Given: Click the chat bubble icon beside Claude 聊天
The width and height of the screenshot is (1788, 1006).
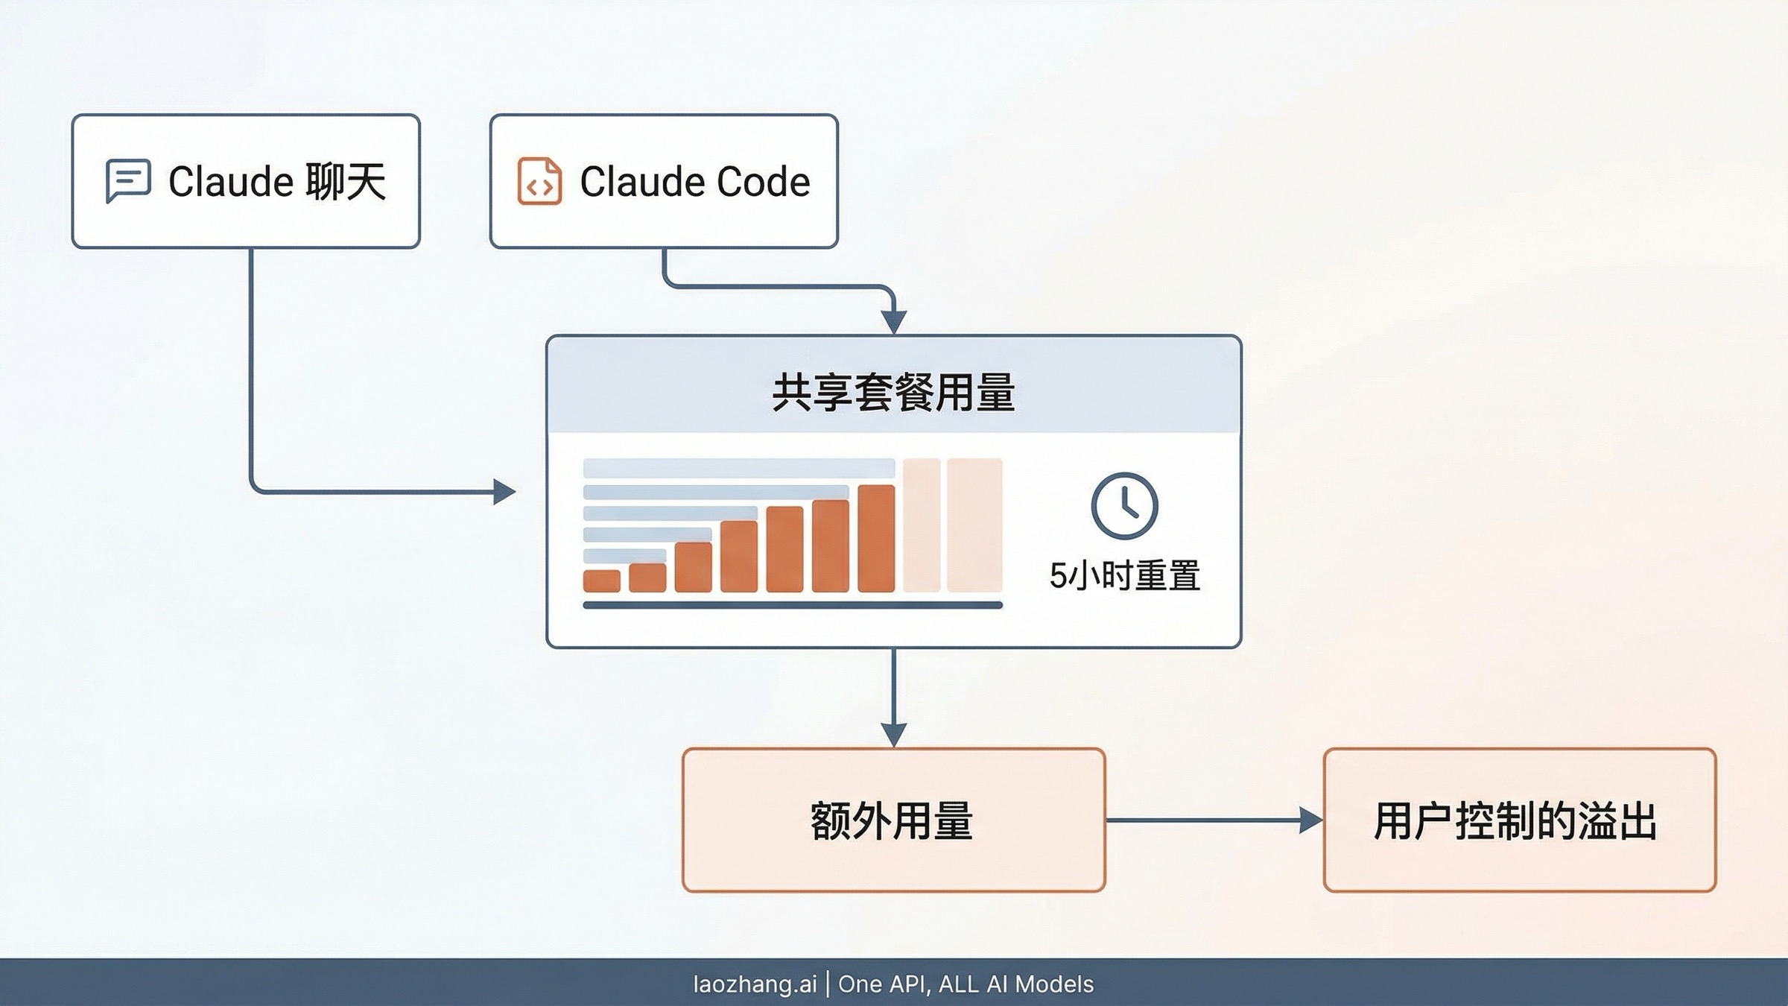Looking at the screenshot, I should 128,180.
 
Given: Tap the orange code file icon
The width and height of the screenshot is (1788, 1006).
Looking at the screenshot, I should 539,181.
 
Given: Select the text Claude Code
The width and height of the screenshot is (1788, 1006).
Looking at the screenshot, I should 694,182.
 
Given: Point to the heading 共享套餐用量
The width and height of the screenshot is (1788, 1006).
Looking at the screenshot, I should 893,393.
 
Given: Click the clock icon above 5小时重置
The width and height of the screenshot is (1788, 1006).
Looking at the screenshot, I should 1124,506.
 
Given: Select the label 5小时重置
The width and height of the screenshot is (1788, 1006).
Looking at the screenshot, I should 1124,576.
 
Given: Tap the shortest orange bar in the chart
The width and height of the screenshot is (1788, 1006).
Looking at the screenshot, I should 601,580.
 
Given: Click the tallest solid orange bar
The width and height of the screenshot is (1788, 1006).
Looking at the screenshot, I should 876,538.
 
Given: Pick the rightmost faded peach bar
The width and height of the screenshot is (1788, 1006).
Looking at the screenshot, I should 974,525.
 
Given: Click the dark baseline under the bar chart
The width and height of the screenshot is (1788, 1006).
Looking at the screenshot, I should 792,605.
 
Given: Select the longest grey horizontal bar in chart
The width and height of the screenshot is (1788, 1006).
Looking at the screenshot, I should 738,468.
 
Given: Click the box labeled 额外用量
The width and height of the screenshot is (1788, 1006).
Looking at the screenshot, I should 893,820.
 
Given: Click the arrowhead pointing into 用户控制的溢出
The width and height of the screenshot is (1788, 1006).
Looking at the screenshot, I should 1310,820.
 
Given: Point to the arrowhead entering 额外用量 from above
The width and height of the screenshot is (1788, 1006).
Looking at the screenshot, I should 893,733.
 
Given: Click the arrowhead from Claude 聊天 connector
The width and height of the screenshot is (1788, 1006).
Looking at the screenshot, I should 504,492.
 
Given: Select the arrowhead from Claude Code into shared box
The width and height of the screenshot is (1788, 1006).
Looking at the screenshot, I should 893,322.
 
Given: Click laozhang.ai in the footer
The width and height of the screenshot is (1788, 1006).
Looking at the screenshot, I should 755,984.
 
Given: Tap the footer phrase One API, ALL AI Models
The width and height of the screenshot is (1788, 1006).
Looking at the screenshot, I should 966,984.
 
